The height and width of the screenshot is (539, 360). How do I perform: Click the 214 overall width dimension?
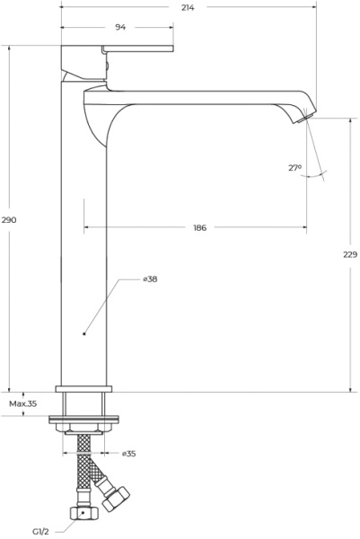click(x=188, y=7)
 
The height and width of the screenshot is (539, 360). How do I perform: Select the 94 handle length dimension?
click(x=120, y=27)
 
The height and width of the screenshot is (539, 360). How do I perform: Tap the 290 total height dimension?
click(x=9, y=220)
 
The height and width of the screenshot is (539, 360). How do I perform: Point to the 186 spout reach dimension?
click(x=199, y=227)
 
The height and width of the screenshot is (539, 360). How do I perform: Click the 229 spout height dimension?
click(x=350, y=254)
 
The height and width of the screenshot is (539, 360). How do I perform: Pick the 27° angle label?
click(x=294, y=168)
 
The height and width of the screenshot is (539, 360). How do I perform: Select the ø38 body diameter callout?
click(x=150, y=278)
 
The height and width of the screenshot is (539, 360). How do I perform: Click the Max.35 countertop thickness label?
click(x=22, y=403)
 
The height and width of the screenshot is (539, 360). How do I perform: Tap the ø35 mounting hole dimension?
click(x=128, y=454)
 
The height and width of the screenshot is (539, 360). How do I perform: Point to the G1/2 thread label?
click(x=40, y=532)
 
